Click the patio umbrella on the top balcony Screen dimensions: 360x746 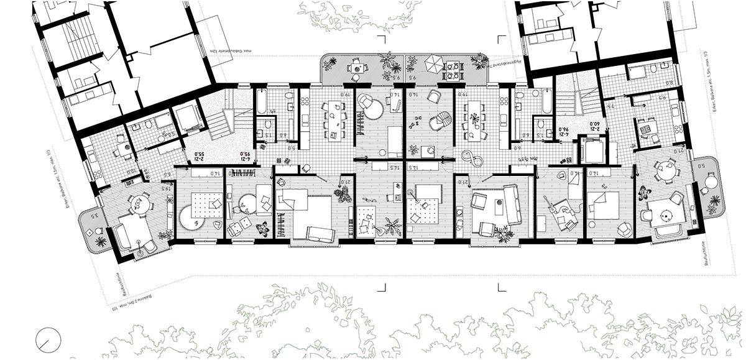[433, 63]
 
